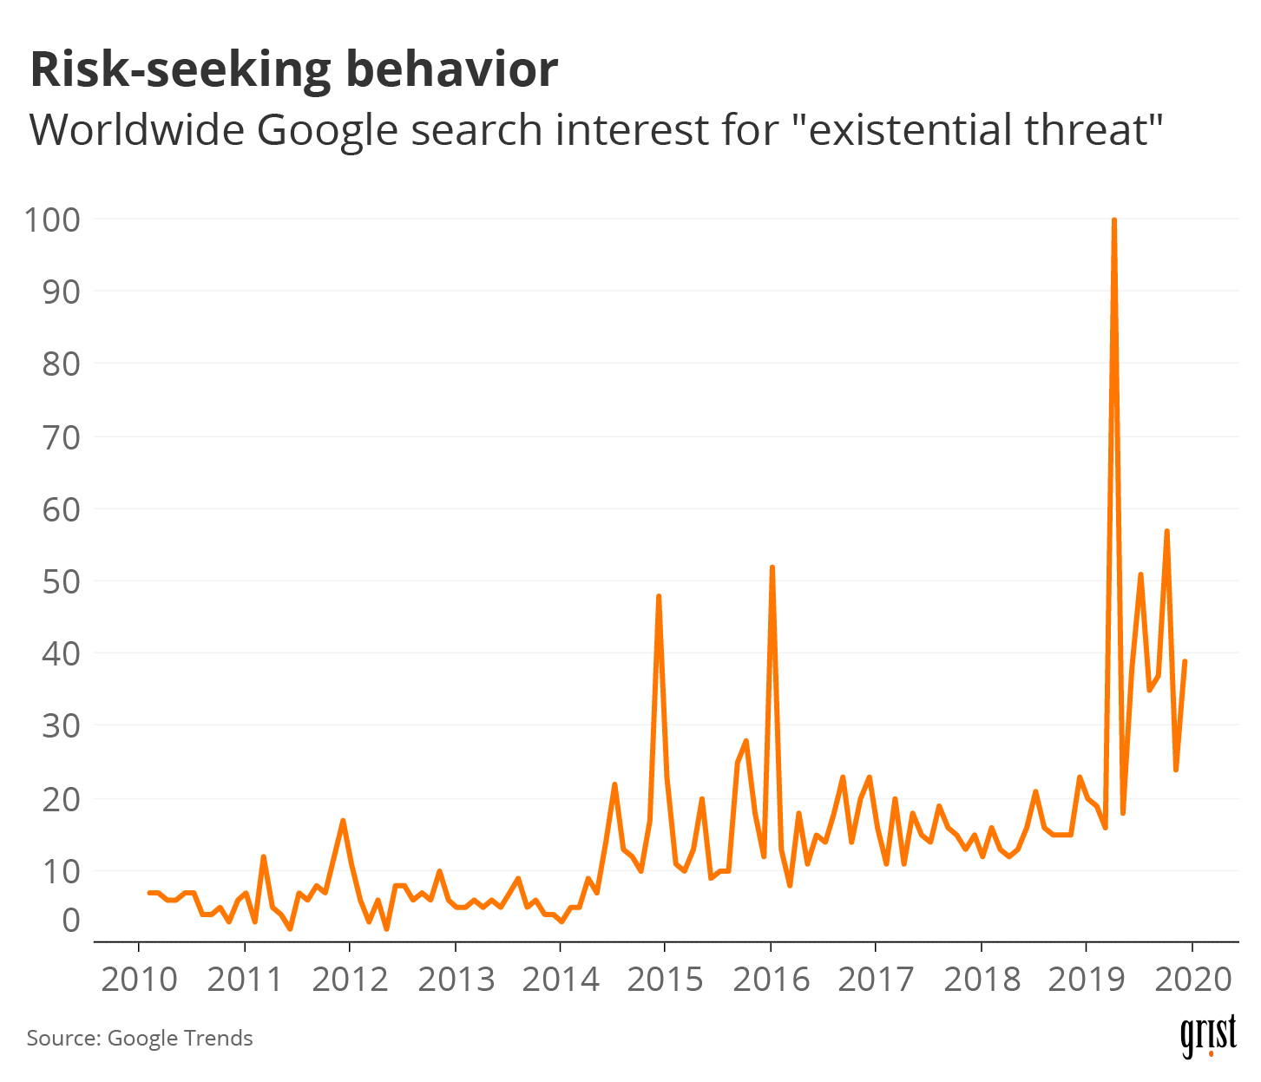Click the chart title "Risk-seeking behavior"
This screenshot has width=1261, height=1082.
coord(293,70)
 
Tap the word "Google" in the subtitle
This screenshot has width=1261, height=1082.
coord(325,131)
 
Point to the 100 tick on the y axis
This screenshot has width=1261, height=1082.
coord(52,220)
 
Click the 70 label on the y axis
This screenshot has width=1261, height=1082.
coord(61,436)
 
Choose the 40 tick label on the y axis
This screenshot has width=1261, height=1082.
coord(61,653)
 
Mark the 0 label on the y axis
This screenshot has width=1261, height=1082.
coord(70,920)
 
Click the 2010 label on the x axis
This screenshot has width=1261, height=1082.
coord(139,980)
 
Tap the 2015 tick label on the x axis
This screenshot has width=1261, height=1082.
coord(665,980)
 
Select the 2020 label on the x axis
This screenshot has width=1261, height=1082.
coord(1192,980)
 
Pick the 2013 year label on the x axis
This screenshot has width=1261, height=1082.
coord(456,980)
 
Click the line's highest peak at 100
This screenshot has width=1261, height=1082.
coord(1113,220)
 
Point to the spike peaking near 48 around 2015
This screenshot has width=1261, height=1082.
coord(659,596)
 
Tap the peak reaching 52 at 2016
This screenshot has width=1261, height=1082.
coord(772,567)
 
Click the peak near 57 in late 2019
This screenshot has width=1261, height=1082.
coord(1166,531)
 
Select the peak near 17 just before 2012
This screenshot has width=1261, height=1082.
coord(343,820)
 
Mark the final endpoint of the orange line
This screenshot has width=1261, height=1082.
coord(1185,661)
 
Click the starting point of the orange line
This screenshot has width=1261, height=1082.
coord(149,892)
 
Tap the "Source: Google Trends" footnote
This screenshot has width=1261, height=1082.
coord(140,1039)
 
